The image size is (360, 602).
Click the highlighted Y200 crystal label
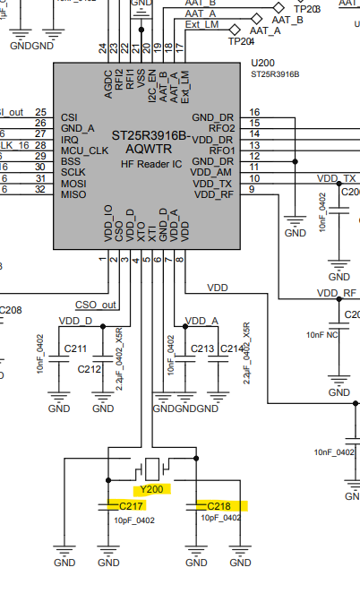point(151,490)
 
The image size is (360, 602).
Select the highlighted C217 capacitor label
point(132,506)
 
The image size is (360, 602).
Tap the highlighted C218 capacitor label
point(219,506)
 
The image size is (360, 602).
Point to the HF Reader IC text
point(152,165)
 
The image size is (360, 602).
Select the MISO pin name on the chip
point(74,193)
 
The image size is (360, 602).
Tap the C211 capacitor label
point(76,348)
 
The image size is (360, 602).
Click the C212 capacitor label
point(90,369)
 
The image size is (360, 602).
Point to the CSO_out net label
point(97,304)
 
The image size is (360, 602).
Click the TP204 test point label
point(241,40)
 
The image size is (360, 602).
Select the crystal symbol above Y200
point(152,468)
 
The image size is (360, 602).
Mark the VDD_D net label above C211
point(75,320)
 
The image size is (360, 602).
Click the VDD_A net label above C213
point(201,320)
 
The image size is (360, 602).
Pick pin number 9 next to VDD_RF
point(252,189)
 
